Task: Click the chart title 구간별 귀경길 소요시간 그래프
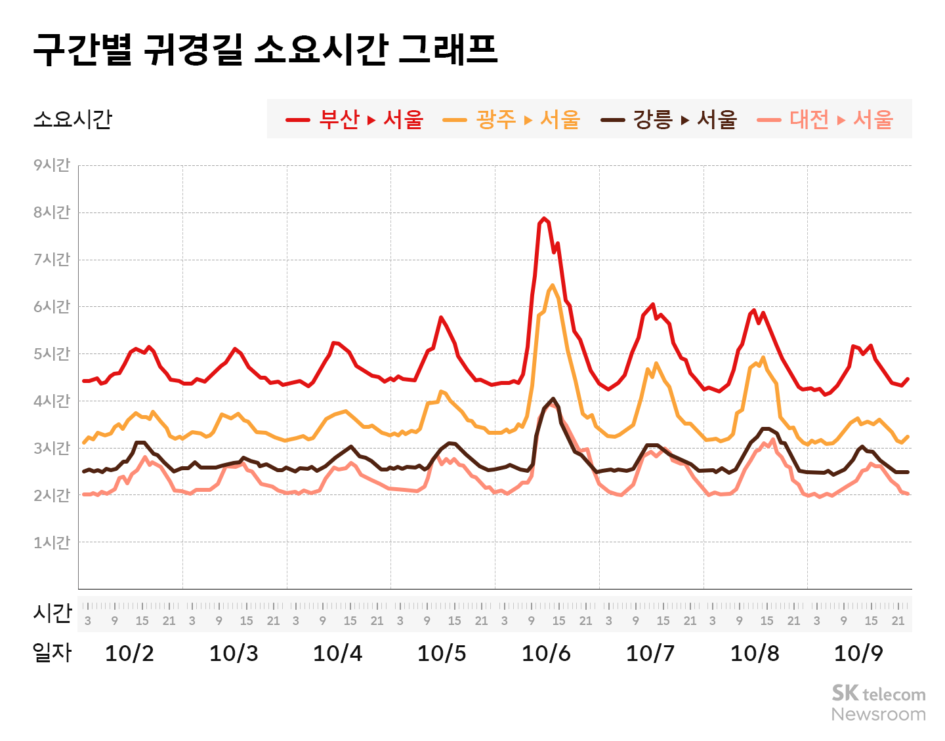(265, 49)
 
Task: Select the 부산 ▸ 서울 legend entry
(355, 119)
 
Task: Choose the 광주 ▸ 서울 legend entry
(512, 119)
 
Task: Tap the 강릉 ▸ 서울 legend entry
(669, 119)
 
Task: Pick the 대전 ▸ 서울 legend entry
(826, 119)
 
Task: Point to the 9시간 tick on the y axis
(52, 165)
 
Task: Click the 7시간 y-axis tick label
(52, 260)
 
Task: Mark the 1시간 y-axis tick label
(52, 542)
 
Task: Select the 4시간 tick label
(52, 401)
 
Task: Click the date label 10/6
(546, 653)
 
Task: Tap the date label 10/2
(129, 653)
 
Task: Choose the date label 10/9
(858, 653)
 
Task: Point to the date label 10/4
(338, 653)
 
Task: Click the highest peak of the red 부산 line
(544, 218)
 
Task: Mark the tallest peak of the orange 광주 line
(553, 285)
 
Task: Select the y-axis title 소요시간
(73, 119)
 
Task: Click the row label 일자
(52, 652)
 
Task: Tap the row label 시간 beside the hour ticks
(52, 613)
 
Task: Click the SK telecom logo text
(879, 694)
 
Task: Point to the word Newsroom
(879, 714)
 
